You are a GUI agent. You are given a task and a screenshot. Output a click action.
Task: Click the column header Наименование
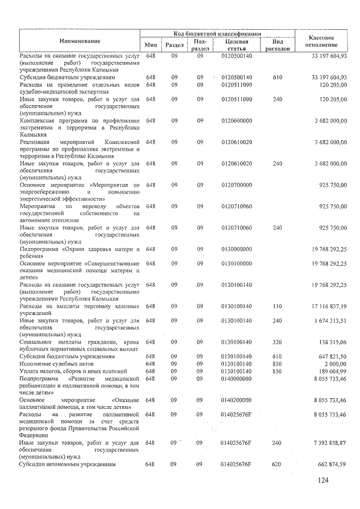click(x=80, y=41)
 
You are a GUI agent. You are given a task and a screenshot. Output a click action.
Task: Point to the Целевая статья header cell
click(x=236, y=45)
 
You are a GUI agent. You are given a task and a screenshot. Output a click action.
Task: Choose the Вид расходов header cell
click(x=277, y=45)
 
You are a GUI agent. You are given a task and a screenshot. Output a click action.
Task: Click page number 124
click(x=322, y=480)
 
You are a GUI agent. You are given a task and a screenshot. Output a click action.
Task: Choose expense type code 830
click(x=277, y=364)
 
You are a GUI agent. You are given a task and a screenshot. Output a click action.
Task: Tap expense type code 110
click(x=277, y=306)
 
